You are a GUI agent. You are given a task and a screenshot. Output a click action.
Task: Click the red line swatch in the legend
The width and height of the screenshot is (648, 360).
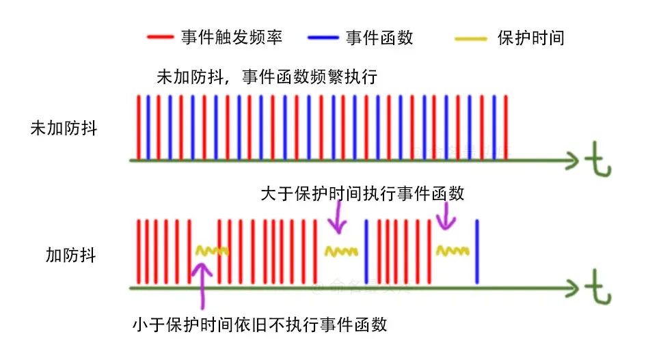(x=161, y=38)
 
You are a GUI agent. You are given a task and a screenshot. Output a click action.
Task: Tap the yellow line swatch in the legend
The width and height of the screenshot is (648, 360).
(x=471, y=38)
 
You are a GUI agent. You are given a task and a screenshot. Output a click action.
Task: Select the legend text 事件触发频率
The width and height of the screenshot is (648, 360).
(x=231, y=38)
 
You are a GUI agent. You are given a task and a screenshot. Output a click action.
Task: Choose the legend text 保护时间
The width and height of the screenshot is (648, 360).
(x=531, y=38)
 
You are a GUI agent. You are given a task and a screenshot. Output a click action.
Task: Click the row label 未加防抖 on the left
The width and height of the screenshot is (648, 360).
(x=64, y=128)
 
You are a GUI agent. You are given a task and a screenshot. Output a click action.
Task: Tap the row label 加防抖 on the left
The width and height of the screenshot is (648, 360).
(x=71, y=255)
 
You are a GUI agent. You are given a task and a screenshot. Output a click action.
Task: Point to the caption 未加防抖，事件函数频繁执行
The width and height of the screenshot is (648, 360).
(x=267, y=77)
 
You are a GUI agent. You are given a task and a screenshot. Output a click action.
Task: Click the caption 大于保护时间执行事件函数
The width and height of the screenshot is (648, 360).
(x=362, y=193)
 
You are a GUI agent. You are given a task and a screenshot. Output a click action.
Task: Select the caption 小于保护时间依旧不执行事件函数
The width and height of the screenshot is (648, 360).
(x=259, y=323)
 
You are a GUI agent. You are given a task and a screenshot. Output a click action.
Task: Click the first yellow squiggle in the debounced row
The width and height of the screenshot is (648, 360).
(x=211, y=251)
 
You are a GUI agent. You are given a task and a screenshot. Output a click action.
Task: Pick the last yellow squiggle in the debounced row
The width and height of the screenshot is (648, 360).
(x=453, y=250)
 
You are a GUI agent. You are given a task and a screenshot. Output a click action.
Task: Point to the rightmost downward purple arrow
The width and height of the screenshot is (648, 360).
(x=445, y=217)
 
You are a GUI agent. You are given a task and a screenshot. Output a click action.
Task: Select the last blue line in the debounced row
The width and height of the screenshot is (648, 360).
(x=476, y=251)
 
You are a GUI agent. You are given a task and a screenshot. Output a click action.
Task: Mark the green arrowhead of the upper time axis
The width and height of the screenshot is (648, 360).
(x=571, y=161)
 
